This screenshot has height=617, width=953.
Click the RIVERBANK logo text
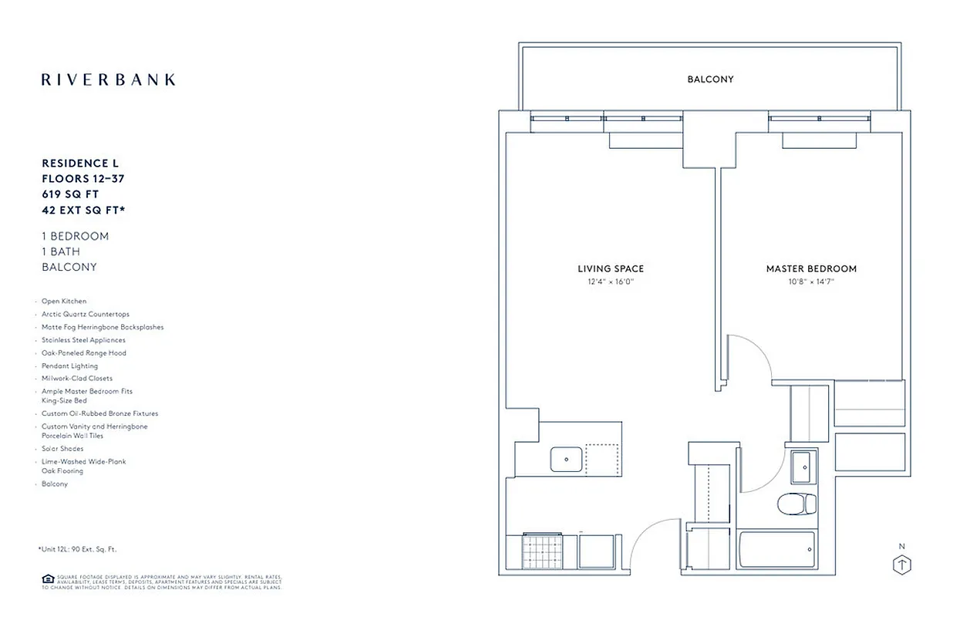point(108,79)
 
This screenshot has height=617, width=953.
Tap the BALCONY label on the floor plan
point(710,79)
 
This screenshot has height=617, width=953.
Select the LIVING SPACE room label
point(611,268)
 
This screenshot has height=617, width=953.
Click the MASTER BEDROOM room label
point(811,268)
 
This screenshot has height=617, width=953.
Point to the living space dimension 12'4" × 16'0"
point(611,282)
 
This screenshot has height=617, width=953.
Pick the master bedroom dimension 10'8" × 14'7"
point(811,282)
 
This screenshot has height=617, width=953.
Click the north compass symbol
point(901,564)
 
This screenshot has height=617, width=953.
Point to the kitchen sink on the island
point(567,459)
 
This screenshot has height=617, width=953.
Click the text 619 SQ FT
point(70,194)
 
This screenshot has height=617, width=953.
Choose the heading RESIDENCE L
point(80,164)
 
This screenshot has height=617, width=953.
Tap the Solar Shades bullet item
point(62,449)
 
